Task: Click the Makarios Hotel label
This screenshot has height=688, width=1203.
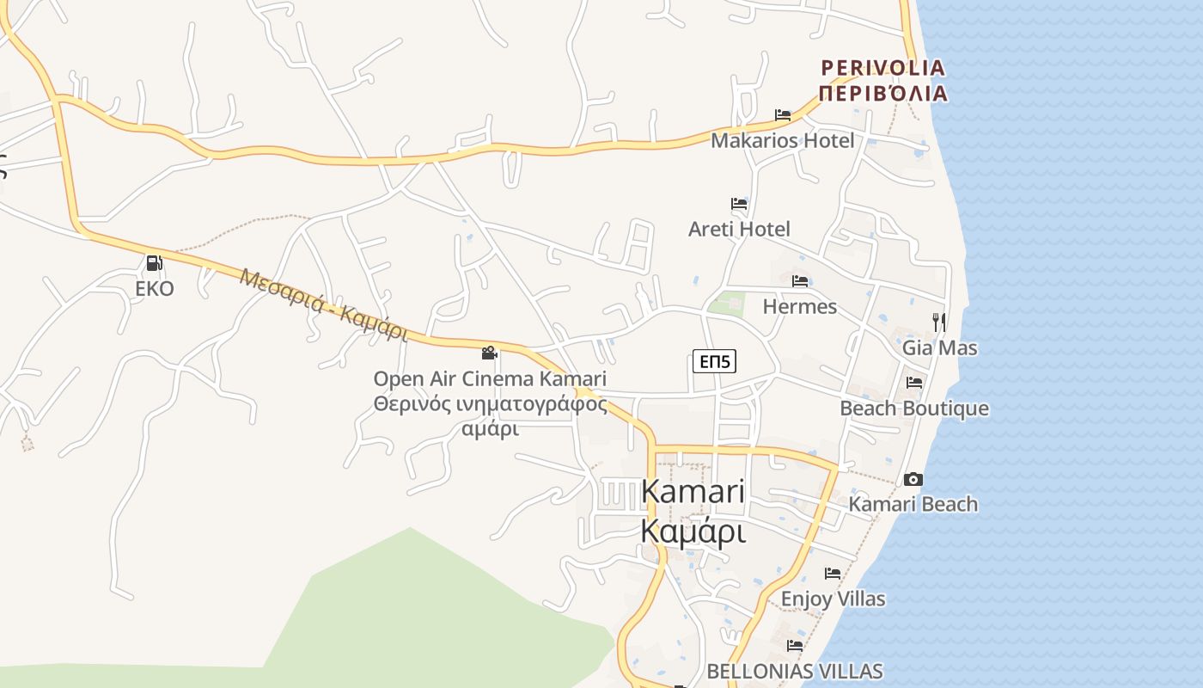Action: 782,140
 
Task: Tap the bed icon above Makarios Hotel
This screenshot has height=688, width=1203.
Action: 782,114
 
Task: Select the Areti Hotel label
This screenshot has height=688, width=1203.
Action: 739,229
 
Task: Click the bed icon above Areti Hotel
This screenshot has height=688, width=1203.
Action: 739,204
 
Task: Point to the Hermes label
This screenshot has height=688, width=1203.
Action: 799,306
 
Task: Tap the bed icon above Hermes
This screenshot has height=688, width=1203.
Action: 800,280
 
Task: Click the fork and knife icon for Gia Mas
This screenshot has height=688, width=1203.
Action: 939,322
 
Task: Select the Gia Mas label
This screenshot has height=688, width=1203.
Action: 939,347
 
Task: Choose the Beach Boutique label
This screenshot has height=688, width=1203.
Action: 913,408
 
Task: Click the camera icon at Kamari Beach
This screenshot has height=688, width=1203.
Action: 913,479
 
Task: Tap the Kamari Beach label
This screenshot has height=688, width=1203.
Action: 913,504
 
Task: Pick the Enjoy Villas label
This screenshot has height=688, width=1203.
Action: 833,598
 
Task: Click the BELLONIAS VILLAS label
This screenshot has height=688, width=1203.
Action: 794,671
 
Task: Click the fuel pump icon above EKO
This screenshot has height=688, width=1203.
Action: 155,263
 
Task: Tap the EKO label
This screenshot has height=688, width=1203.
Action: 155,288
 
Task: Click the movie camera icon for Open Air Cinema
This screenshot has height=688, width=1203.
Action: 490,353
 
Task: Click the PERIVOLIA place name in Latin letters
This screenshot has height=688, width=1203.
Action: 882,67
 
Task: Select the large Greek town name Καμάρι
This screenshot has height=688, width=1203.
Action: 693,531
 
